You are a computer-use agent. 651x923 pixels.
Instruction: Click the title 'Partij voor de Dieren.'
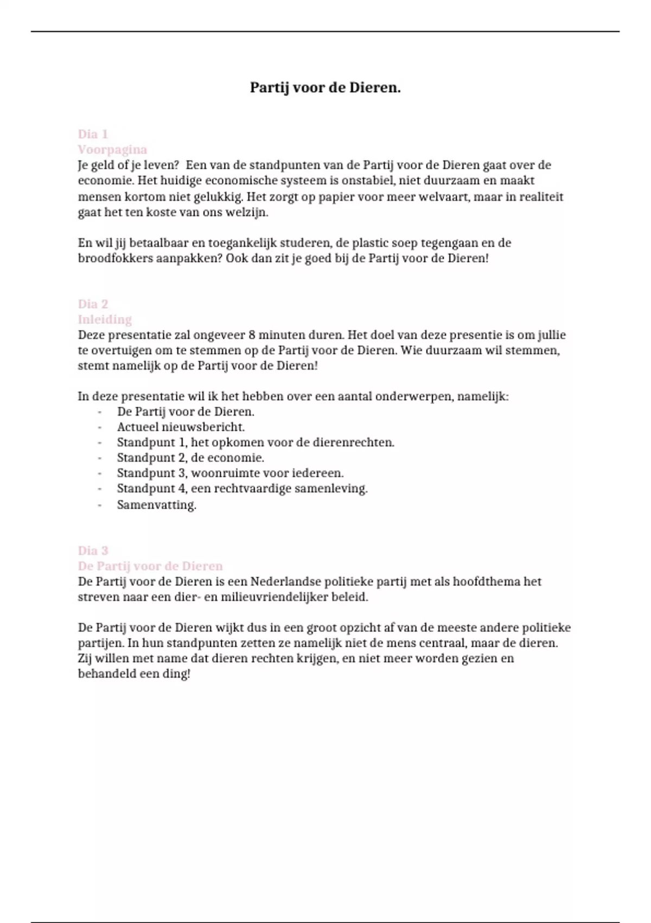(325, 87)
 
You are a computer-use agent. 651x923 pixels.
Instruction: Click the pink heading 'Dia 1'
(93, 134)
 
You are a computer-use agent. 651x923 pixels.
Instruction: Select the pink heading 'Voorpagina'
(112, 149)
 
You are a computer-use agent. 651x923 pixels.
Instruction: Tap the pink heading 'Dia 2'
(93, 304)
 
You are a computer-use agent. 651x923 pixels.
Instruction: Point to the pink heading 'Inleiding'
(105, 319)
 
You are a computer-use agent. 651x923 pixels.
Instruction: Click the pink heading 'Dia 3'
(93, 551)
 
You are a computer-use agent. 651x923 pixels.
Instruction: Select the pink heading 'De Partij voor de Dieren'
(150, 566)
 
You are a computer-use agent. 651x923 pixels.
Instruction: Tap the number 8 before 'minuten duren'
(252, 335)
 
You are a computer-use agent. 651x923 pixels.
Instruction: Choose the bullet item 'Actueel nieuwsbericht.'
(181, 427)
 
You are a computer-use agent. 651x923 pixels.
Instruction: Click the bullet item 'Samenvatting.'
(156, 505)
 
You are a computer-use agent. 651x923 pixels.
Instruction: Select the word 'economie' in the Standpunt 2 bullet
(240, 458)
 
